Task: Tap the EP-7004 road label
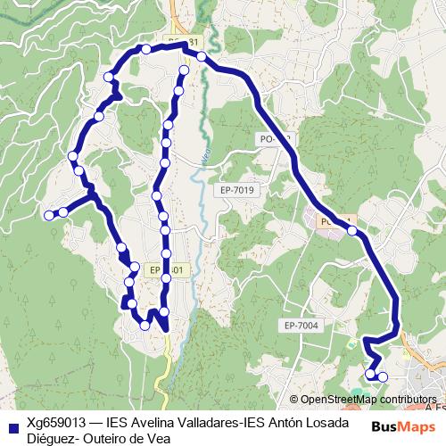[x=298, y=326]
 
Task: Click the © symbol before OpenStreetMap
[x=294, y=400]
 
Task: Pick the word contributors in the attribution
[x=407, y=400]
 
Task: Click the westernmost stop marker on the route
[x=50, y=213]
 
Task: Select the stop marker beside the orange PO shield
[x=352, y=231]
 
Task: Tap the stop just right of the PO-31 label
[x=202, y=57]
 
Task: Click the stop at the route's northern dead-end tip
[x=185, y=70]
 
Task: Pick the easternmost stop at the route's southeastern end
[x=384, y=376]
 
